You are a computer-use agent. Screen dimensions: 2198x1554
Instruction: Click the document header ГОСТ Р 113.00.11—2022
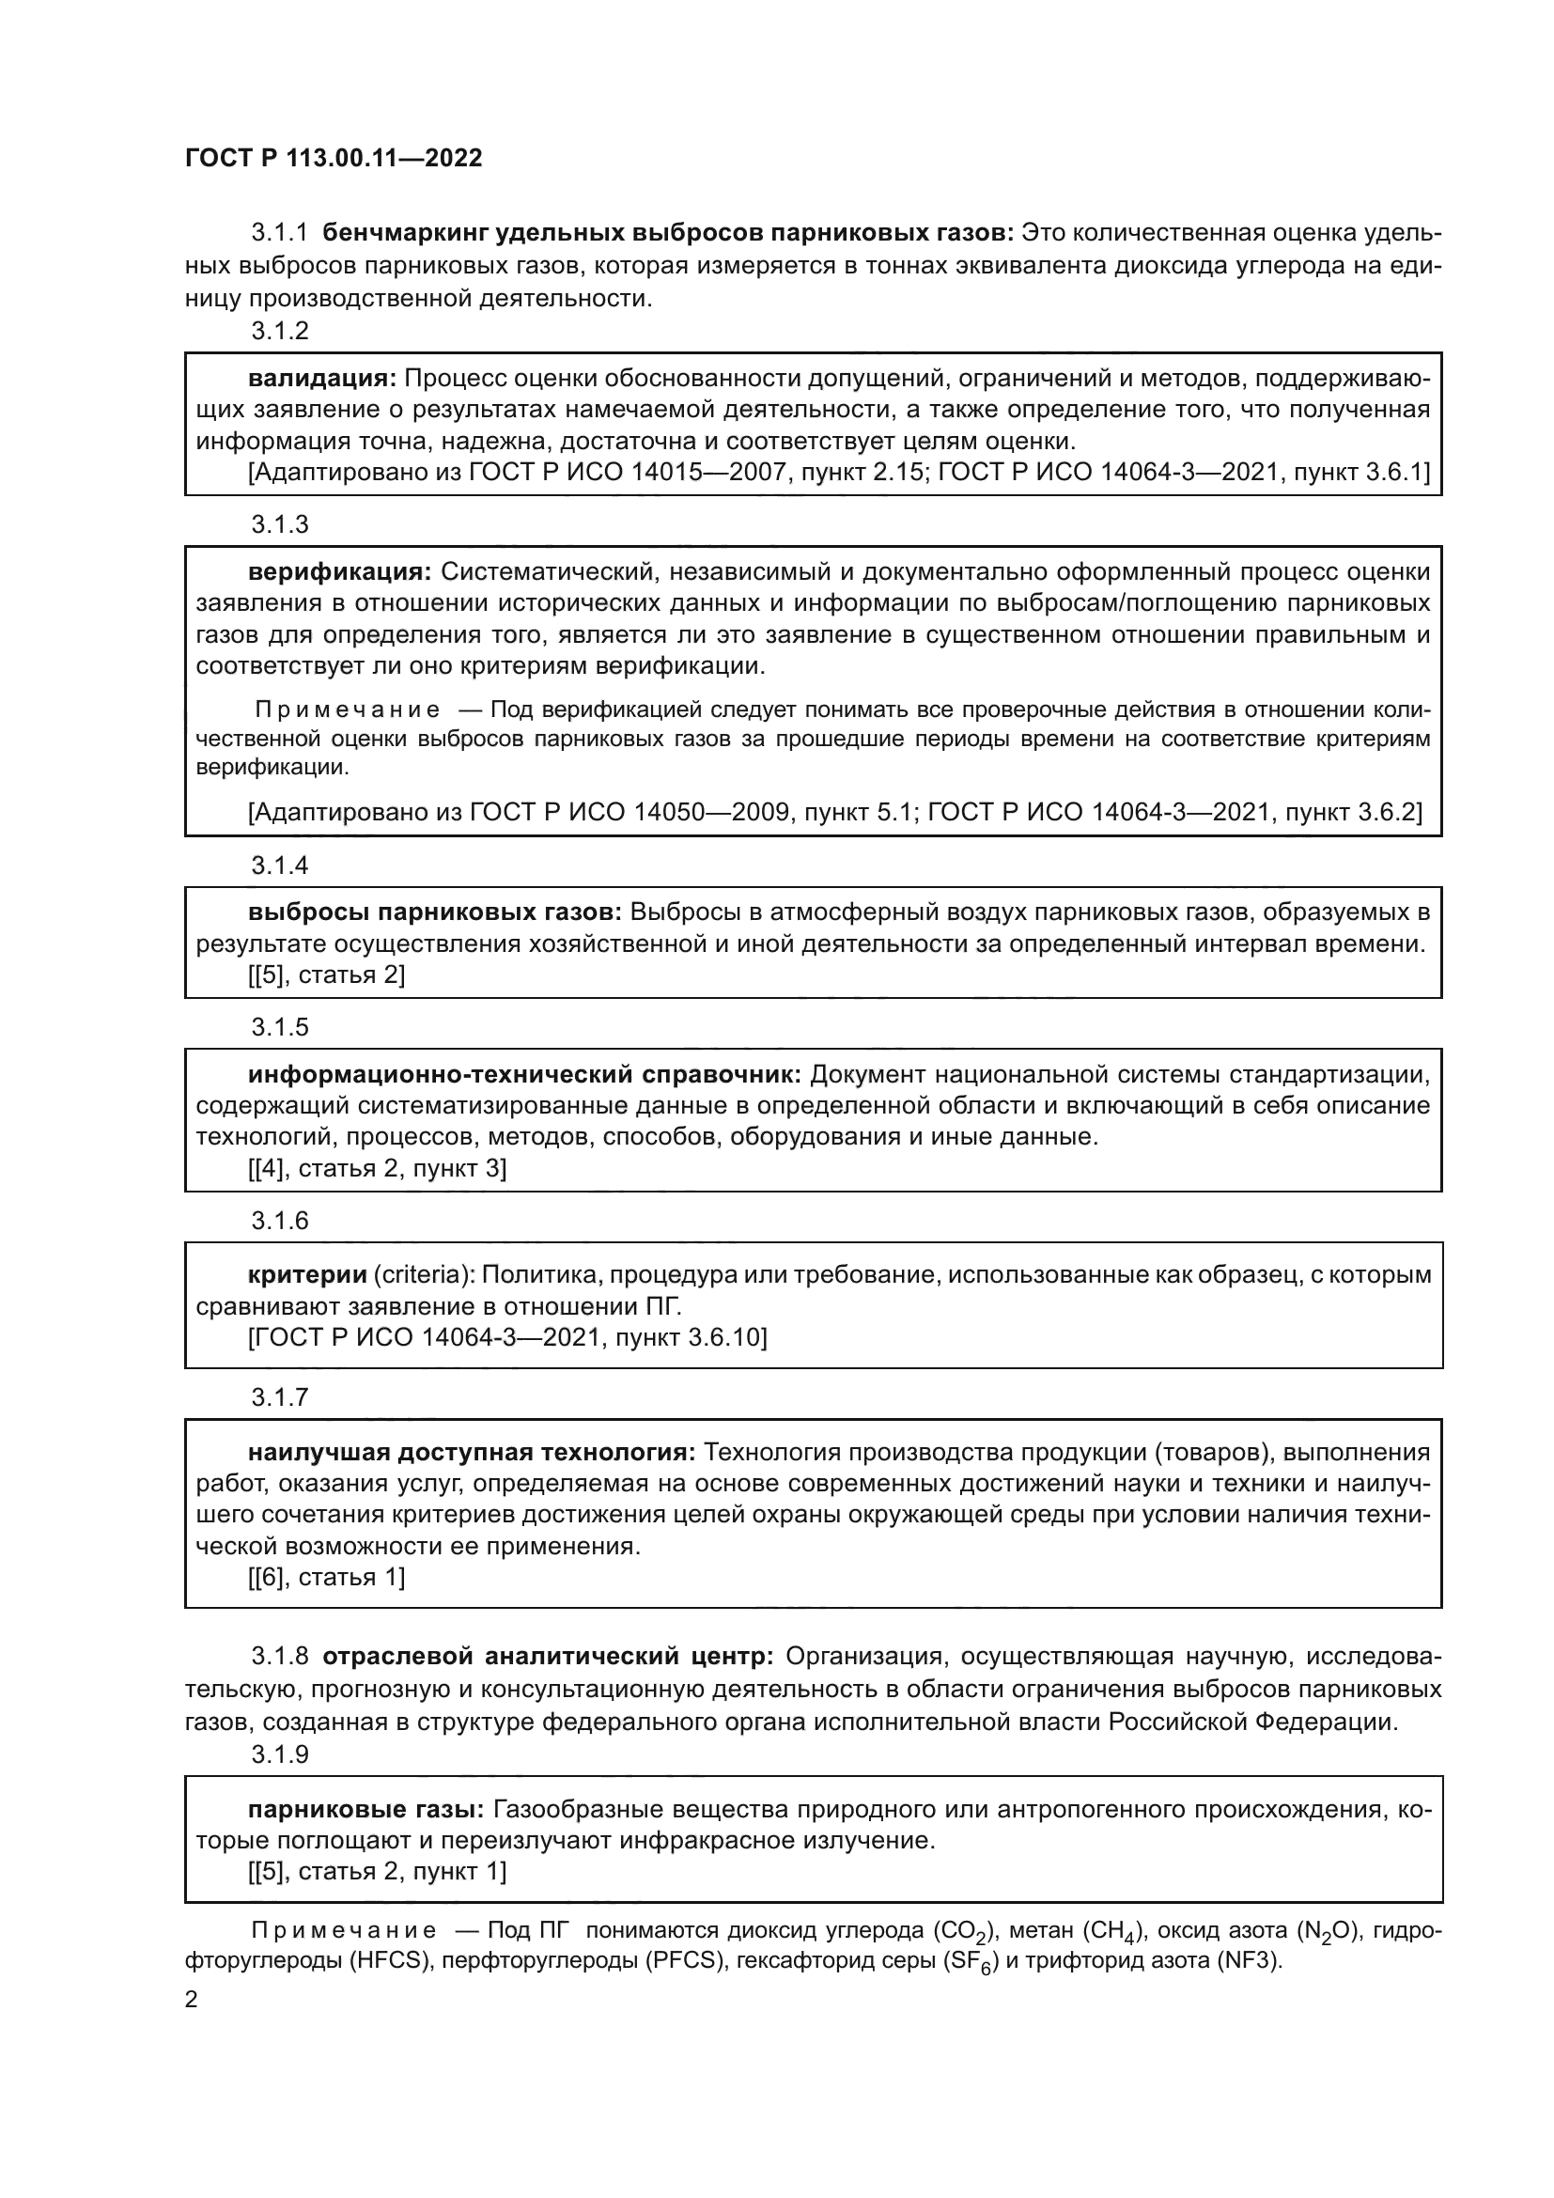(x=333, y=158)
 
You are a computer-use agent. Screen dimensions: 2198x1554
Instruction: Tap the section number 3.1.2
(x=279, y=331)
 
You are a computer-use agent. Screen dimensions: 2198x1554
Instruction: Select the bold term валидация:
(x=321, y=378)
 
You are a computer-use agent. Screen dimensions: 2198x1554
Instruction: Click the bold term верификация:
(x=340, y=571)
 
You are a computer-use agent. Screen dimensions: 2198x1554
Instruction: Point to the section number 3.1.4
(x=279, y=865)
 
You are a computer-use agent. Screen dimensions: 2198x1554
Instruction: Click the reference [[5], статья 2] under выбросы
(x=326, y=974)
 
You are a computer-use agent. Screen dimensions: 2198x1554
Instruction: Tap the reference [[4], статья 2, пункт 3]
(x=377, y=1168)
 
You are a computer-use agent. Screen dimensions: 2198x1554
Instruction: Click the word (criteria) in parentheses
(x=423, y=1274)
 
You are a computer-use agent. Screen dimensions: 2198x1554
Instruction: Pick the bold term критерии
(x=307, y=1274)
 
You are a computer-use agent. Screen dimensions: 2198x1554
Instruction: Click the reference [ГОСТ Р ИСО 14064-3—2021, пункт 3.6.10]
(x=507, y=1336)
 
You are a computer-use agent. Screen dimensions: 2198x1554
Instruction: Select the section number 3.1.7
(x=279, y=1396)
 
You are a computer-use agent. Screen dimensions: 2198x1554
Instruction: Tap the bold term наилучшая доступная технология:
(x=472, y=1452)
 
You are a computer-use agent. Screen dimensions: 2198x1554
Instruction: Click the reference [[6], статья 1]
(x=326, y=1577)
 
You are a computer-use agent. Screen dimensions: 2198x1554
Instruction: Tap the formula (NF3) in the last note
(x=1247, y=1959)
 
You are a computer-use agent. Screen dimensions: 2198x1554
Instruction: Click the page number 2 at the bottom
(x=192, y=2000)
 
